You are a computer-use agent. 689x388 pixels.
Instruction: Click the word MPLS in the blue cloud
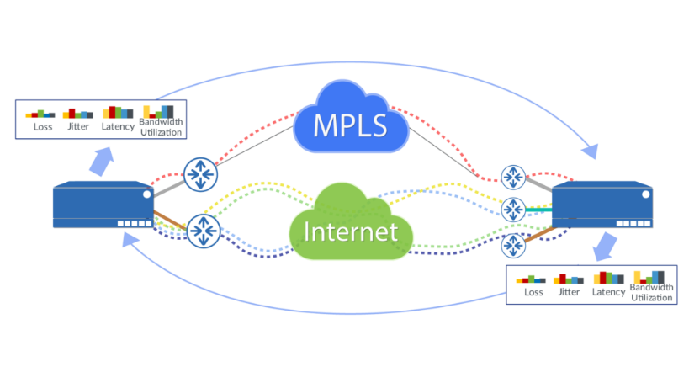(350, 126)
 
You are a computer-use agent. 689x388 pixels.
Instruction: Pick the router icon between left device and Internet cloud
(202, 230)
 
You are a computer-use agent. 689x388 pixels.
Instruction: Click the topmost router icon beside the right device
(512, 177)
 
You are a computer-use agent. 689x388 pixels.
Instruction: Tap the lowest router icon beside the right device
(512, 247)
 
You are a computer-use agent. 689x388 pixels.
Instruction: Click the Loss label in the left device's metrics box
(42, 127)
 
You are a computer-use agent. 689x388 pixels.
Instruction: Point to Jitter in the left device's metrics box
(78, 127)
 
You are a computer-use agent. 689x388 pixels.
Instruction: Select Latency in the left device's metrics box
(118, 127)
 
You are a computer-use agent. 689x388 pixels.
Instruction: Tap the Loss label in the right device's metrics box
(533, 292)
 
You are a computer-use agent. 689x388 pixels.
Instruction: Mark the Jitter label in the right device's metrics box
(570, 292)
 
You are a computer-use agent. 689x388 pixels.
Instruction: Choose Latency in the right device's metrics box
(608, 292)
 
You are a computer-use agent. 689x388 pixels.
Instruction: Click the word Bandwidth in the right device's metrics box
(652, 290)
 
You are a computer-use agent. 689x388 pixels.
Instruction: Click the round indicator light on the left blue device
(146, 195)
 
